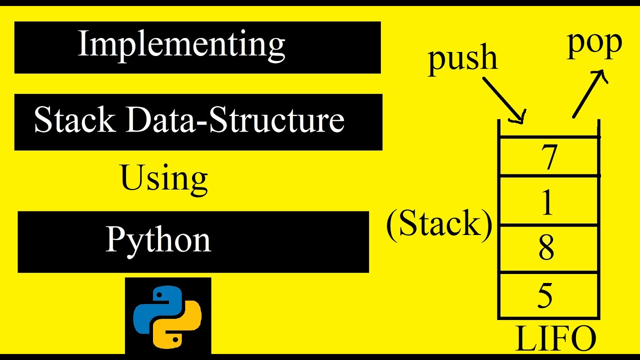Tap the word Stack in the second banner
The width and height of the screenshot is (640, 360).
(74, 121)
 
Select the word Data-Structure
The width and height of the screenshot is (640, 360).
(234, 121)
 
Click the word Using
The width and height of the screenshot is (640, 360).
(164, 179)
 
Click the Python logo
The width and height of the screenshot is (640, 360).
(167, 316)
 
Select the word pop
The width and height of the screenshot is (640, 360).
(594, 45)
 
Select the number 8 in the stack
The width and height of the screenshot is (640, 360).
(546, 248)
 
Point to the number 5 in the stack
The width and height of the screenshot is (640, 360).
(545, 296)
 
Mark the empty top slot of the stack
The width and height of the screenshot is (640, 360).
(548, 128)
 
